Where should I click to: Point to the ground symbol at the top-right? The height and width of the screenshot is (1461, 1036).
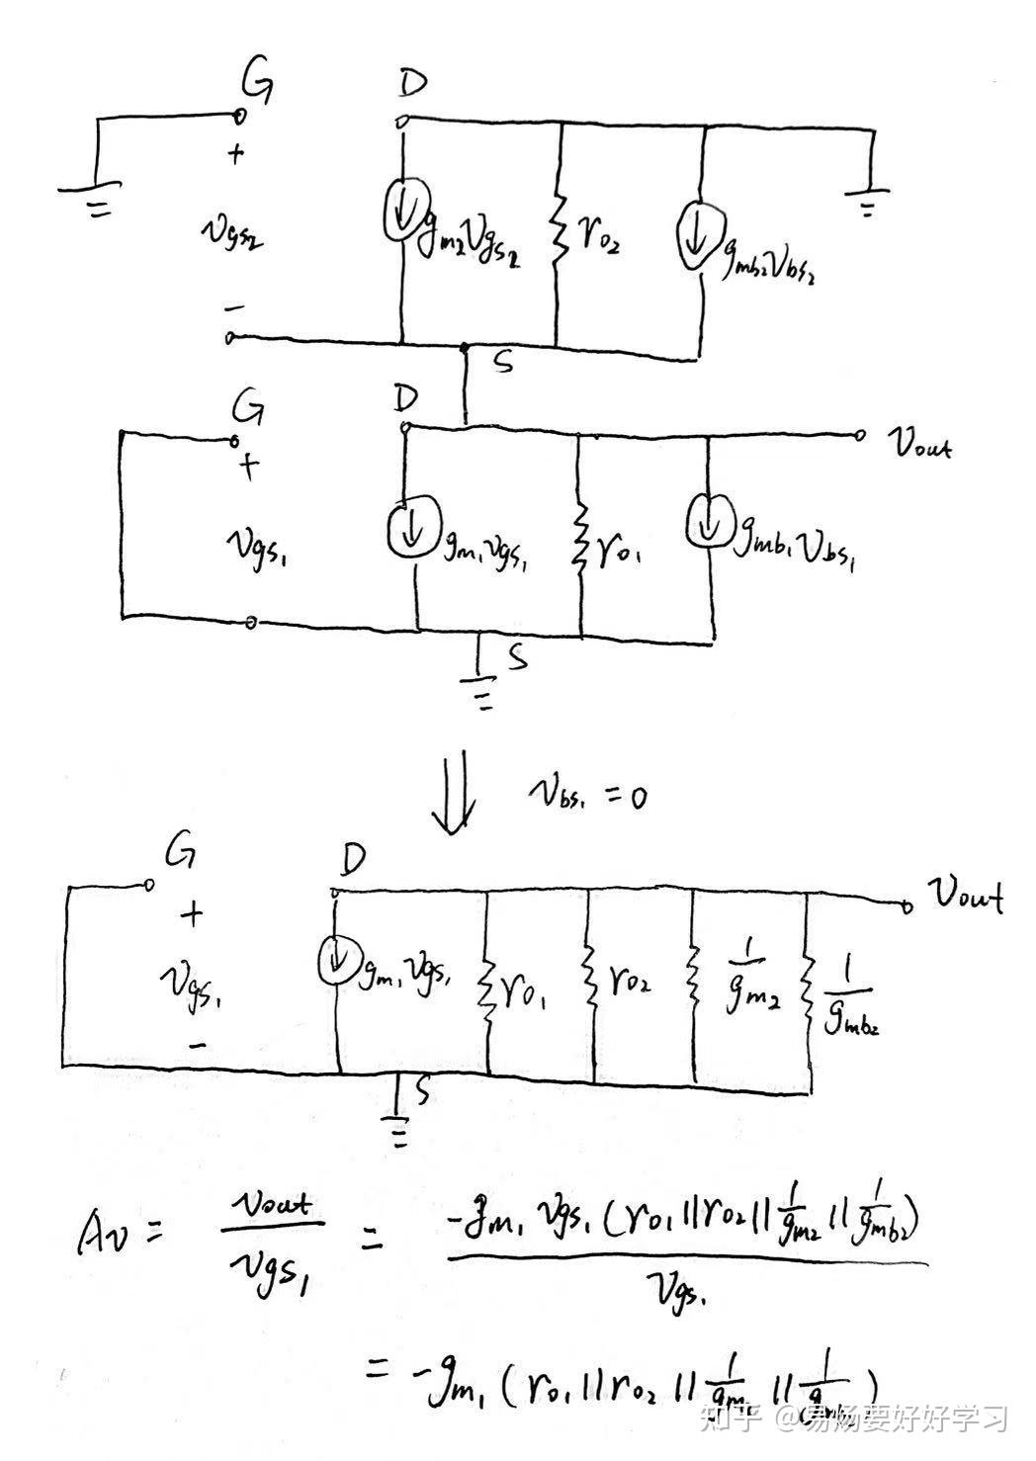pyautogui.click(x=868, y=200)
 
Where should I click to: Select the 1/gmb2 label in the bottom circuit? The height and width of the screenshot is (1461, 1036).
pyautogui.click(x=850, y=998)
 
